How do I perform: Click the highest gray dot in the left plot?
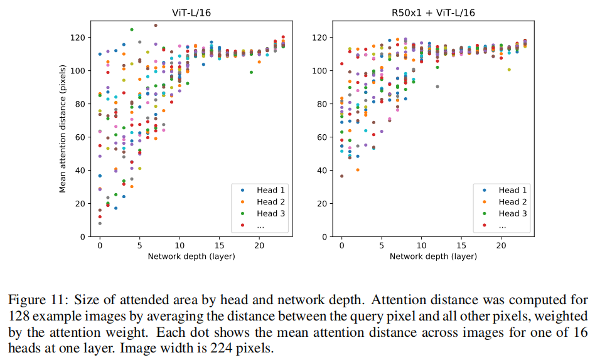pyautogui.click(x=156, y=26)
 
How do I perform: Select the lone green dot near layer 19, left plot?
pyautogui.click(x=251, y=72)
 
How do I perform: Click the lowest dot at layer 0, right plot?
pyautogui.click(x=341, y=176)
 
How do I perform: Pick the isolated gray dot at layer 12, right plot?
pyautogui.click(x=437, y=87)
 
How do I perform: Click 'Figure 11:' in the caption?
pyautogui.click(x=35, y=299)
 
